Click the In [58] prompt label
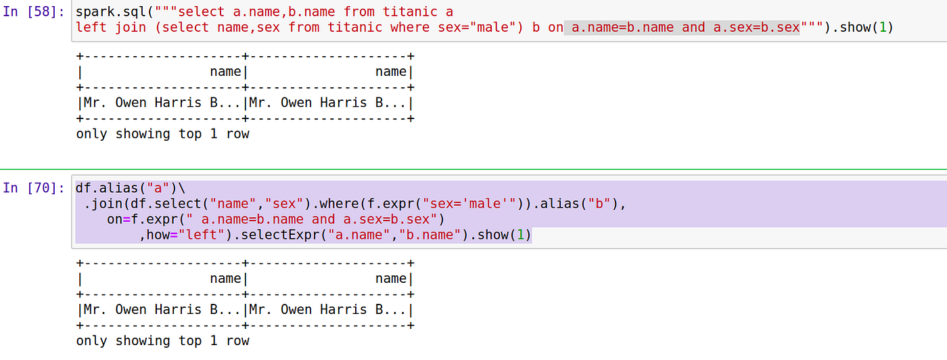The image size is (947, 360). click(34, 13)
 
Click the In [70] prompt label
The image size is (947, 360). click(34, 187)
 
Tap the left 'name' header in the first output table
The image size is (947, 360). click(225, 72)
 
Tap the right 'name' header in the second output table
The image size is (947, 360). click(391, 279)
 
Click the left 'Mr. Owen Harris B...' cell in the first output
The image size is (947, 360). click(160, 103)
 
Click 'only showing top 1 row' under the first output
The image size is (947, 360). click(162, 134)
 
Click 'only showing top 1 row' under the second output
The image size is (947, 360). click(162, 341)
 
